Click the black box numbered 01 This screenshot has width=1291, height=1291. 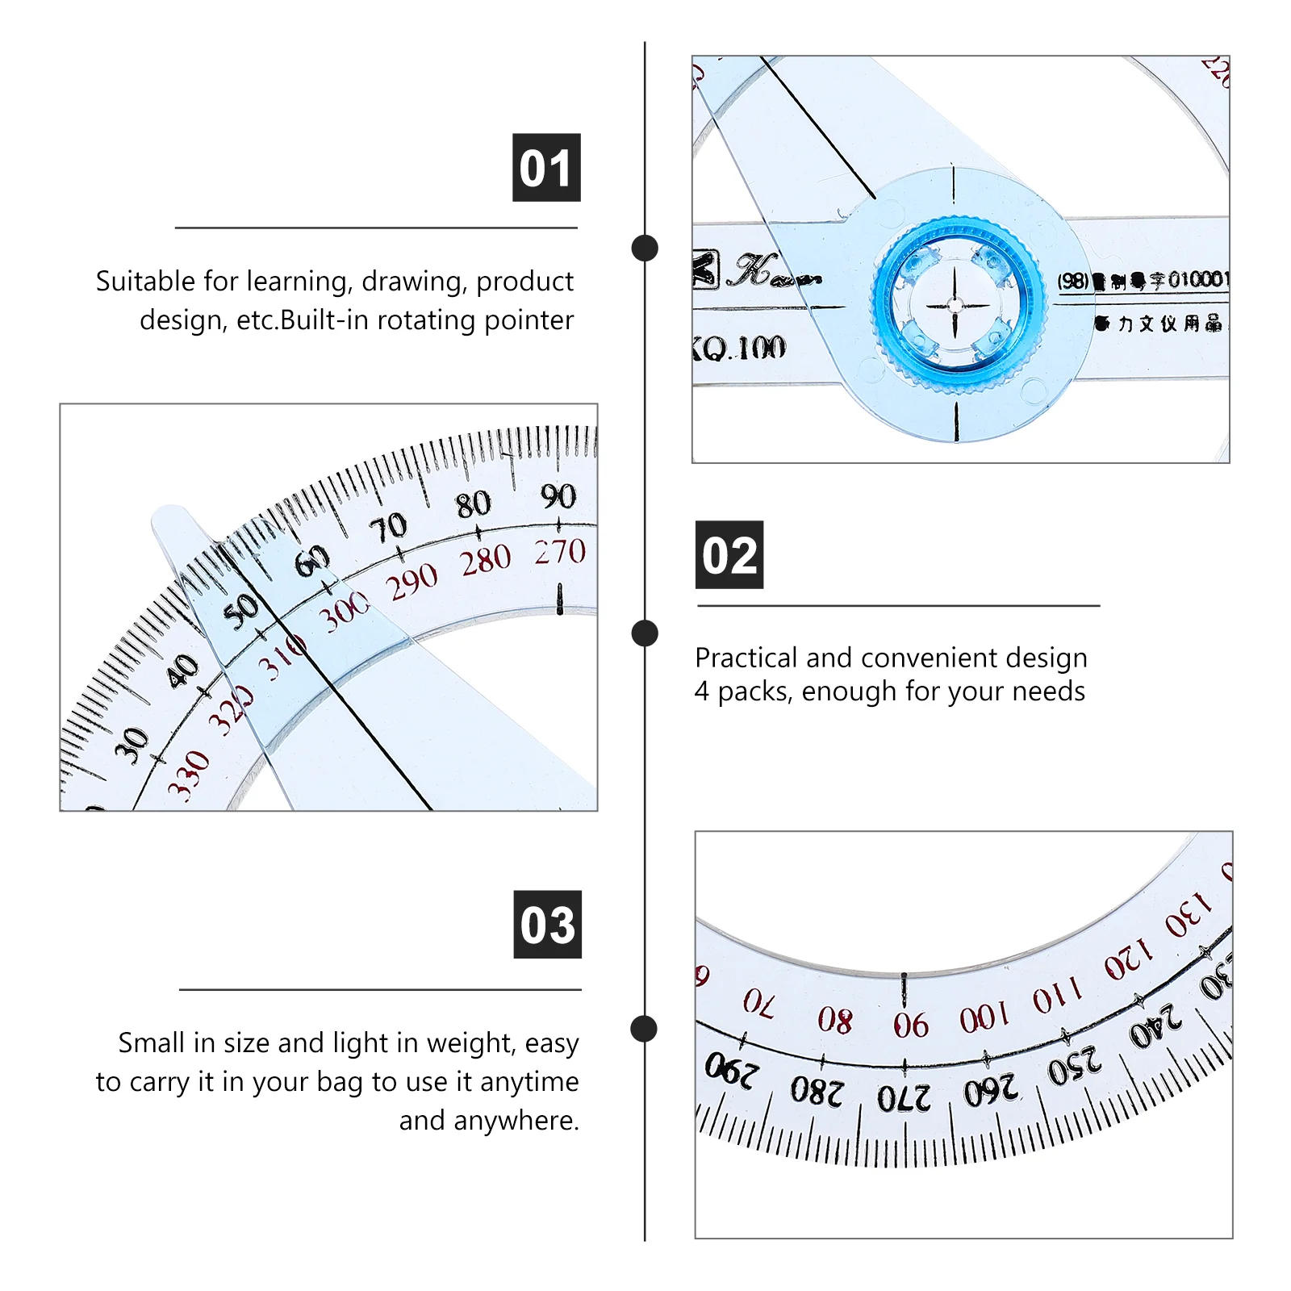pyautogui.click(x=546, y=168)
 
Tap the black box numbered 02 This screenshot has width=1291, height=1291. pyautogui.click(x=729, y=555)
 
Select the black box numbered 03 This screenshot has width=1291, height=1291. pyautogui.click(x=547, y=925)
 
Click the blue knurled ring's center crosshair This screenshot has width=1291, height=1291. pyautogui.click(x=955, y=305)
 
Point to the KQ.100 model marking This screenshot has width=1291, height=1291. pyautogui.click(x=738, y=348)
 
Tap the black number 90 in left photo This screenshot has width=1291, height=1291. pyautogui.click(x=558, y=495)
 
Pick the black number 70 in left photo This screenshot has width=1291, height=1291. pyautogui.click(x=388, y=528)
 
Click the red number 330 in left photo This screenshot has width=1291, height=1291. pyautogui.click(x=188, y=774)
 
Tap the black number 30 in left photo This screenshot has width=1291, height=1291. pyautogui.click(x=132, y=745)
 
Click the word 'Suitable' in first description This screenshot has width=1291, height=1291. pyautogui.click(x=145, y=282)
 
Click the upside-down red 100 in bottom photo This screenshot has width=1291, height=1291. pyautogui.click(x=984, y=1017)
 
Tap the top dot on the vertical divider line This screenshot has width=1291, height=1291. pyautogui.click(x=645, y=248)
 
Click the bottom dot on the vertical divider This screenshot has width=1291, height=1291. pyautogui.click(x=644, y=1029)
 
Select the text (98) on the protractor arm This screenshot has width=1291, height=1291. pyautogui.click(x=1073, y=281)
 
